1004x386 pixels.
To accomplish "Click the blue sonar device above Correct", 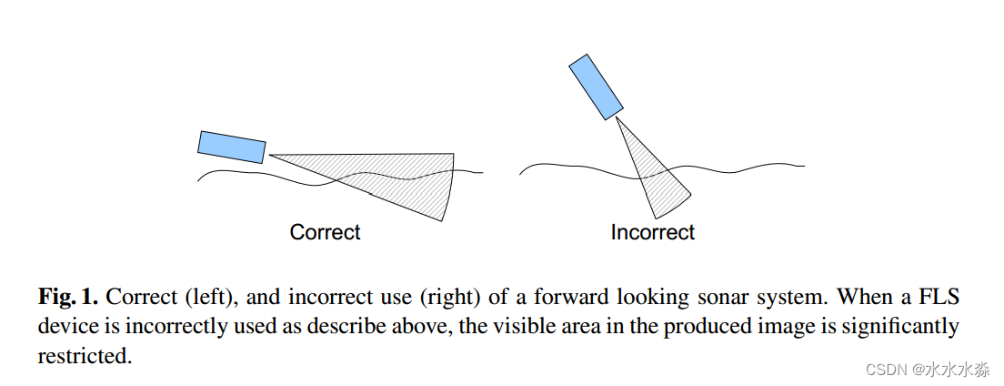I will (x=232, y=147).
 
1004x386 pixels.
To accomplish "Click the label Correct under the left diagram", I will (x=325, y=232).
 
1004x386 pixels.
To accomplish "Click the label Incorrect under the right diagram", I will (x=652, y=232).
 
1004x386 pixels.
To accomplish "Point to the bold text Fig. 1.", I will (x=68, y=297).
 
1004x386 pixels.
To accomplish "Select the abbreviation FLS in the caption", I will (x=939, y=297).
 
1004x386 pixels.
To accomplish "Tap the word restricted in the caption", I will (x=84, y=356).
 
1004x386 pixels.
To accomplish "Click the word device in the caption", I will (x=65, y=326).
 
